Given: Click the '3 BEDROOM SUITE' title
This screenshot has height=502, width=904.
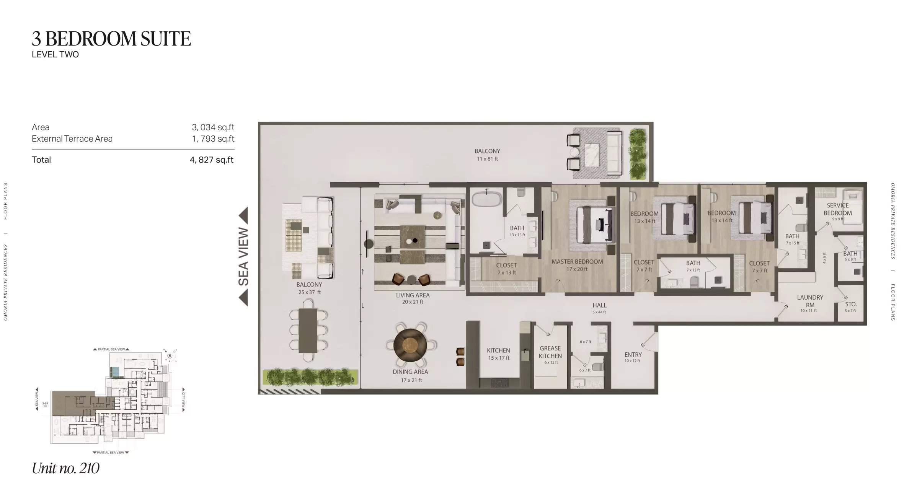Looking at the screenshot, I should [111, 39].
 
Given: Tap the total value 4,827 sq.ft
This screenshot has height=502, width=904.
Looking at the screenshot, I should [211, 160].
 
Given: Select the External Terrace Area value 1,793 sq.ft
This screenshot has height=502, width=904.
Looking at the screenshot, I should [213, 139].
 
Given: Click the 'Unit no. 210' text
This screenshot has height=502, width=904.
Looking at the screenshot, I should [65, 468].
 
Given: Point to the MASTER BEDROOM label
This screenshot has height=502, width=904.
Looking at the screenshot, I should [577, 262].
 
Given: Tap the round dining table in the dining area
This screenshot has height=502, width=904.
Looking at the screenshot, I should [410, 345].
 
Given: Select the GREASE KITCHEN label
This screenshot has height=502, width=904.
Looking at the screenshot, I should [550, 352].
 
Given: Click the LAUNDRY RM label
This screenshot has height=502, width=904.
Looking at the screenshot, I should [810, 301].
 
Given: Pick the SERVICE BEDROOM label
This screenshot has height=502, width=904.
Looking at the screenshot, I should [837, 209].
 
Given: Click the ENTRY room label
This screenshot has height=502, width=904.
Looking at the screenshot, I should [633, 355].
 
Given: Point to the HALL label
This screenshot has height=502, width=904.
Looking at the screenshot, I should [599, 305].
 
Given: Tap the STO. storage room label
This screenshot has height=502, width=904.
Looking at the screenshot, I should [851, 304].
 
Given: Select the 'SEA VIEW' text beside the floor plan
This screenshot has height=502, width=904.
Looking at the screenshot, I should [243, 257].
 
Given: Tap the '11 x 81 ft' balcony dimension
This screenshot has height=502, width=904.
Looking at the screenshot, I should [487, 159].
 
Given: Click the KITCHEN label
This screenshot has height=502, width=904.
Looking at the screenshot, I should [498, 350].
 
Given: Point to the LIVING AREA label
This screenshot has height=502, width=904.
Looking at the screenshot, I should [413, 295].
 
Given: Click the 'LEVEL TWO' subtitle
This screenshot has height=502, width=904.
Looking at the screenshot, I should [55, 55].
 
